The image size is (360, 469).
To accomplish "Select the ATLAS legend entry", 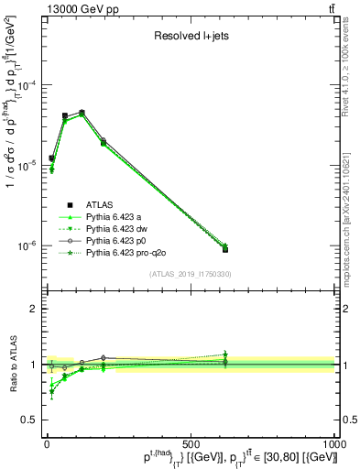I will (99, 204).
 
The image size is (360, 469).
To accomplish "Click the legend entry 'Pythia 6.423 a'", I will (117, 216).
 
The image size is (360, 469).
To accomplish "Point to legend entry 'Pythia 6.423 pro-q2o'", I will (127, 252).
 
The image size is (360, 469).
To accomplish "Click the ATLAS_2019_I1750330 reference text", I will (190, 274).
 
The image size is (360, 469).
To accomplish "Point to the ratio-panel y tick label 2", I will (32, 309).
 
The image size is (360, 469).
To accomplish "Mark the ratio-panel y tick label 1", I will (32, 365).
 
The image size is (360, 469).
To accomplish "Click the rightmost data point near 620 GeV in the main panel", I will (225, 248).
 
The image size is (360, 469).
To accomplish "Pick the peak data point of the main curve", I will (82, 113).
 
